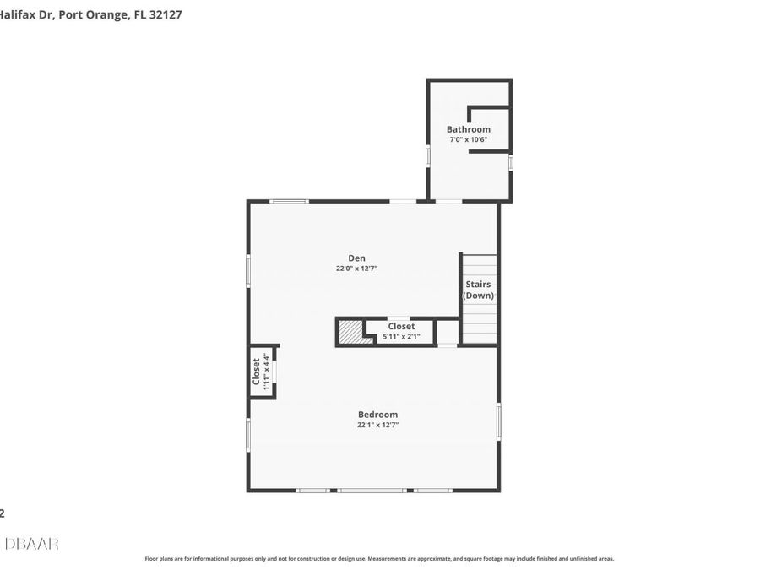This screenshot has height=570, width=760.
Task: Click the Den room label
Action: (x=356, y=258)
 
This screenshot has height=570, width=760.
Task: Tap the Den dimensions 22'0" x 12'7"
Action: (x=356, y=269)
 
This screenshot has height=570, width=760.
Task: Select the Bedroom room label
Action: (x=377, y=415)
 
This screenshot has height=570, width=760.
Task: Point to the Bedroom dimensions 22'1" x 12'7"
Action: (x=377, y=425)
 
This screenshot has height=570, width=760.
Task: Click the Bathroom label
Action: (x=469, y=129)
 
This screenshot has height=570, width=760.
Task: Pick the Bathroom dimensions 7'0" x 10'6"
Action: (x=469, y=139)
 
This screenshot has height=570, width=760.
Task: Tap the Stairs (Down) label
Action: (x=478, y=290)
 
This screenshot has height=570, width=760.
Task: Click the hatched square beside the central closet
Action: (x=350, y=332)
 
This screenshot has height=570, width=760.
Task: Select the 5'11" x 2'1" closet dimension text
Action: (x=401, y=336)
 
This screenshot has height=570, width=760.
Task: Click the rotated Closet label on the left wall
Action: (x=257, y=372)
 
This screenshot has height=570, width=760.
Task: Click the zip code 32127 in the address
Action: (x=164, y=14)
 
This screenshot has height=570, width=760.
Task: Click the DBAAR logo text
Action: (x=31, y=544)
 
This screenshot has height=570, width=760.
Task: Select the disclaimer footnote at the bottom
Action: (x=379, y=558)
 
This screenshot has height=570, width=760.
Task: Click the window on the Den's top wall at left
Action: (x=289, y=201)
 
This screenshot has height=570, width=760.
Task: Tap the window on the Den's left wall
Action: (x=248, y=271)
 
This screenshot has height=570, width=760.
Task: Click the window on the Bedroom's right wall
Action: (x=499, y=421)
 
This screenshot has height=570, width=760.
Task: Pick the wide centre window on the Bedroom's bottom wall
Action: (x=372, y=491)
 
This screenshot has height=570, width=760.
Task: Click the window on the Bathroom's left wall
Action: (x=428, y=156)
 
